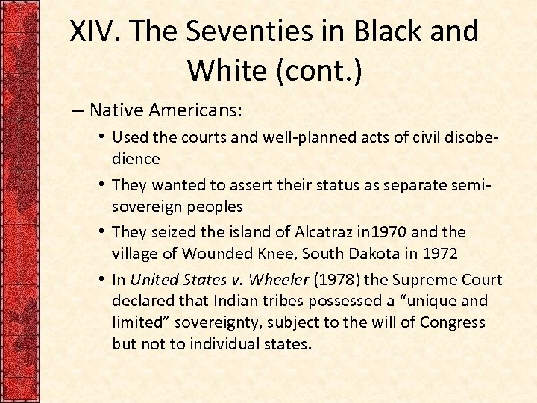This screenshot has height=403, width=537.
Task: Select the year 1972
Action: pyautogui.click(x=440, y=253)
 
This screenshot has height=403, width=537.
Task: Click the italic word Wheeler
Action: pyautogui.click(x=278, y=280)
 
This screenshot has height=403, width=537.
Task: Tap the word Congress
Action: pyautogui.click(x=453, y=322)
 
